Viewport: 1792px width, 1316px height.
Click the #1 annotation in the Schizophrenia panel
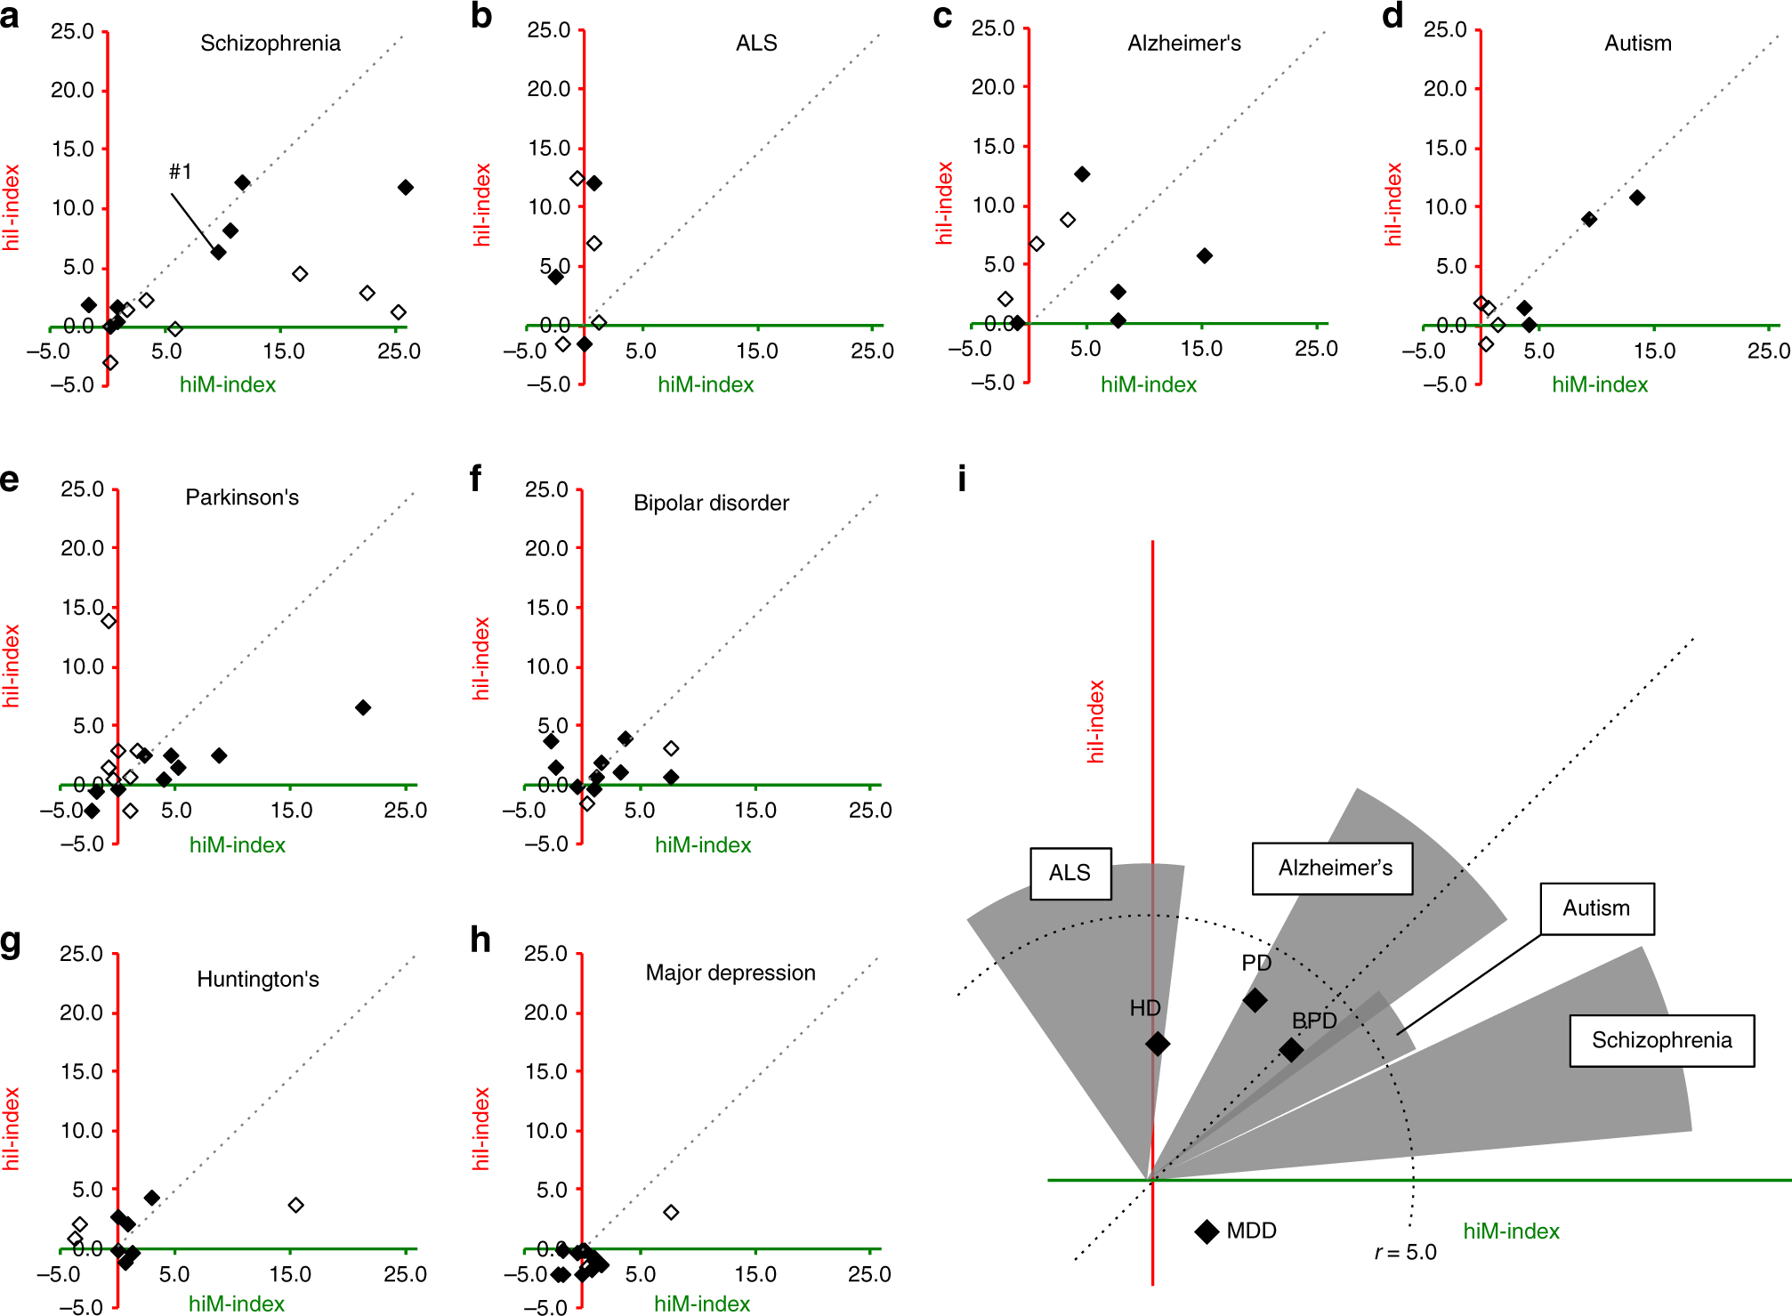pos(181,171)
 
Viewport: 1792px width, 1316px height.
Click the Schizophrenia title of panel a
pos(270,43)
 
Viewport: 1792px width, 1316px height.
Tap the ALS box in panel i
pos(1070,873)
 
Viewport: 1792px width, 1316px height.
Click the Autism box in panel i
pos(1596,908)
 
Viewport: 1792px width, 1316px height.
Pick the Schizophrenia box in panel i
pos(1660,1040)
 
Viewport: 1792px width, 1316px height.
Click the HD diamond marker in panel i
pos(1157,1043)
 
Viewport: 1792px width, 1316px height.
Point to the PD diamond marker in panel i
pos(1255,1000)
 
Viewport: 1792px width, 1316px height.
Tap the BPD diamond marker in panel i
pos(1291,1050)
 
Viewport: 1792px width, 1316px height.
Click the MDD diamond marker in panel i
pos(1207,1231)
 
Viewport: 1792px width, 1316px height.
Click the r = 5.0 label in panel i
pos(1405,1252)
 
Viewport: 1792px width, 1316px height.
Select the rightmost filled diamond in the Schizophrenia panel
pos(406,187)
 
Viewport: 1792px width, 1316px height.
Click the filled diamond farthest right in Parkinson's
pos(363,707)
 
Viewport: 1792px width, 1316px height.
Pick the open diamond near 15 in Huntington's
pos(296,1205)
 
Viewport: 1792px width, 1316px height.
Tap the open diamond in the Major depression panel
pos(671,1212)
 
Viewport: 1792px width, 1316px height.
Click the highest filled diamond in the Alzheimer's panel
pos(1082,174)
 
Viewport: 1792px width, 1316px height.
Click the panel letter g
pos(11,941)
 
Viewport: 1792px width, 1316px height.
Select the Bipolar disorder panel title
pos(711,503)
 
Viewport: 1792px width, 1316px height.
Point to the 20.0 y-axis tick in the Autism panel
pos(1445,88)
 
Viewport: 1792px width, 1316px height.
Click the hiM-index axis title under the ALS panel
pos(706,384)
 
